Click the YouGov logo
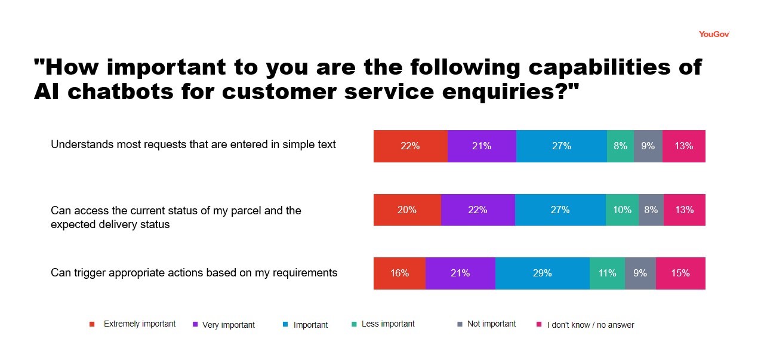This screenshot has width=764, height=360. click(x=714, y=34)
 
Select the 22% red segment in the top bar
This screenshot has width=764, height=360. click(x=410, y=146)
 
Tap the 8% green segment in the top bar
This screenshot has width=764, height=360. click(x=620, y=146)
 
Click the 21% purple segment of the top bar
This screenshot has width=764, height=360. click(x=482, y=146)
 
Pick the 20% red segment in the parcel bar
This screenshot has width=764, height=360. click(x=407, y=210)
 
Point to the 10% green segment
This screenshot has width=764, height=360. click(x=622, y=210)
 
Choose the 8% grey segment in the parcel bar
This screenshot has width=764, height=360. click(x=651, y=210)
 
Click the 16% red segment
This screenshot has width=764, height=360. click(x=399, y=273)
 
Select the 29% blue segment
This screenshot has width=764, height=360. click(x=542, y=273)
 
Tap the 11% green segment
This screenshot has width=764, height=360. click(x=607, y=273)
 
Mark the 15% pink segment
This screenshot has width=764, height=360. click(x=680, y=273)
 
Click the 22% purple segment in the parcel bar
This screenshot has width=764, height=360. click(x=478, y=210)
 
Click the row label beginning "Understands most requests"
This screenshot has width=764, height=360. click(x=193, y=144)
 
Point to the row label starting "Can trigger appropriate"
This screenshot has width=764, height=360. click(x=194, y=273)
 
